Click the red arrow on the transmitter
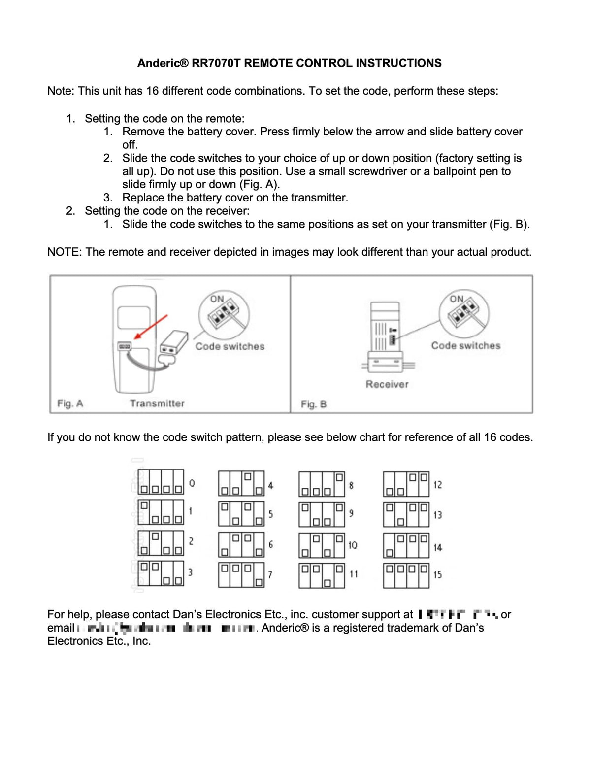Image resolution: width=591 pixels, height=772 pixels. [151, 327]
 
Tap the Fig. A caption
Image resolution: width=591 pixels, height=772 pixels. [70, 403]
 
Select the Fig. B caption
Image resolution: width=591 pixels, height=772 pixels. [314, 404]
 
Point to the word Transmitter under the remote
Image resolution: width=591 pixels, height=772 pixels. [157, 403]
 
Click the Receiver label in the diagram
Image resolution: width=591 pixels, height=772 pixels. [387, 384]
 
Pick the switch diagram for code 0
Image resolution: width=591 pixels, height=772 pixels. [161, 482]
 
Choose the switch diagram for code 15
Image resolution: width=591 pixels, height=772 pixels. [406, 575]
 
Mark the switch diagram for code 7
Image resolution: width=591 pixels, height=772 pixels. [241, 575]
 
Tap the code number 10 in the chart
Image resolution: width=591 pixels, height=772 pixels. [353, 545]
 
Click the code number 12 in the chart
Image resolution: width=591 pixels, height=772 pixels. [437, 485]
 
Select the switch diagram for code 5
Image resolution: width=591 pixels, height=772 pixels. [241, 513]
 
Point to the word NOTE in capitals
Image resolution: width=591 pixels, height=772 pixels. [64, 252]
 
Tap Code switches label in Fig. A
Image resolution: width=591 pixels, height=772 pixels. [230, 346]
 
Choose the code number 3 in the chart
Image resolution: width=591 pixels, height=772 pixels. [190, 572]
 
